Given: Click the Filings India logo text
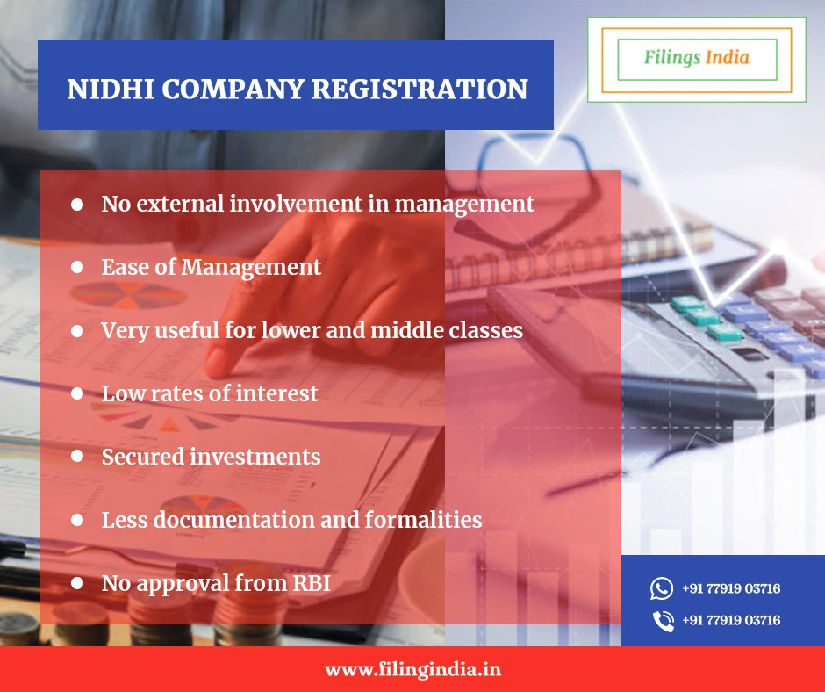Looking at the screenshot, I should click(696, 58).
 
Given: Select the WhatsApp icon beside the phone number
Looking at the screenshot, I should click(662, 588).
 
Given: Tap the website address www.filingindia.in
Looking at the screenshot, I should click(412, 669).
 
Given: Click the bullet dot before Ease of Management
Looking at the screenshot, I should click(77, 267).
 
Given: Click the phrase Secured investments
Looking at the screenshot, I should click(211, 457).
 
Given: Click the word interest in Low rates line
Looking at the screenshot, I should click(276, 393).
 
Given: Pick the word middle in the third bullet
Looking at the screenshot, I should click(405, 330).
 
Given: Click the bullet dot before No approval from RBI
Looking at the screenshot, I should click(77, 582).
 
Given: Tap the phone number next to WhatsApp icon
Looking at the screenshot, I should click(731, 588).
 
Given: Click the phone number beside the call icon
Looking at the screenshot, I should click(731, 621).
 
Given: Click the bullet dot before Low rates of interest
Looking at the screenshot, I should click(77, 393).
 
